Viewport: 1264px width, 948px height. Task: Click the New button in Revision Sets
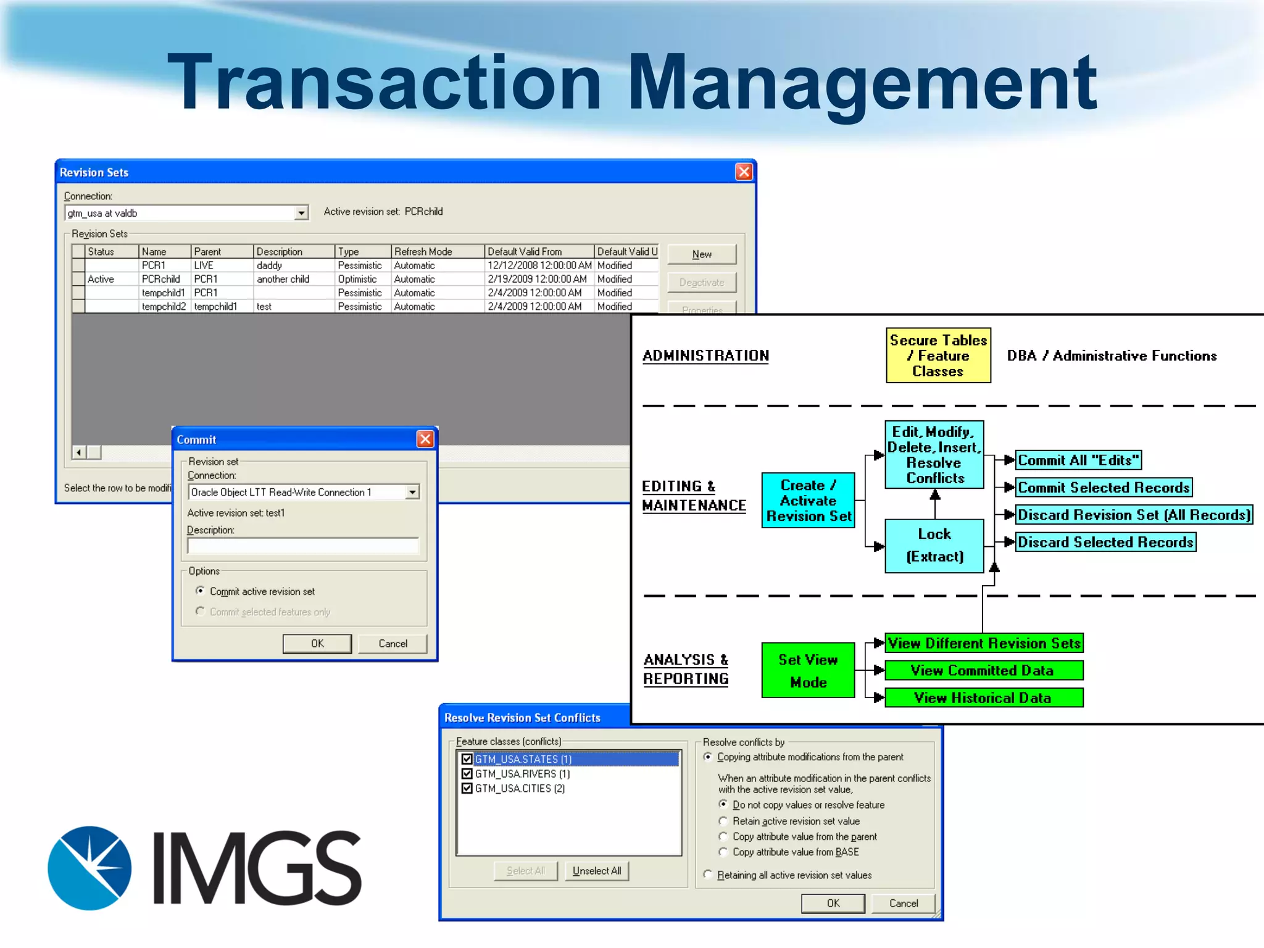coord(702,254)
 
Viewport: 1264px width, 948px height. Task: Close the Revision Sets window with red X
coord(744,172)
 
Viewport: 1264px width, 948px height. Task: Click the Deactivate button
coord(702,283)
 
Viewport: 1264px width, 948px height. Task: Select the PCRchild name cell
coord(162,279)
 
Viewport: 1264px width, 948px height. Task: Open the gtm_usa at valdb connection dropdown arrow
coord(301,213)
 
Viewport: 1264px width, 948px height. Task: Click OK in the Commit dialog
coord(317,644)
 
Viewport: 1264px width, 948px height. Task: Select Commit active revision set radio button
coord(200,591)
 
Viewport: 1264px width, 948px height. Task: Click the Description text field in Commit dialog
coord(302,546)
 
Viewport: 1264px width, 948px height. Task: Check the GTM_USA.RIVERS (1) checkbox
coord(467,774)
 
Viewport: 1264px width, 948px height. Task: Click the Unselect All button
coord(596,871)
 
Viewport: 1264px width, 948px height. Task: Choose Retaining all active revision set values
coord(708,875)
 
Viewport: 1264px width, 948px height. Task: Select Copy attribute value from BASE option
coord(723,852)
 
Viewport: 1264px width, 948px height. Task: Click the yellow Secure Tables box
coord(938,355)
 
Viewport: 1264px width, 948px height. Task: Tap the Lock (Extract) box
coord(934,546)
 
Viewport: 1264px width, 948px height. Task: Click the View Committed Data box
coord(983,670)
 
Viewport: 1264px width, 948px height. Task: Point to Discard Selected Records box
coord(1105,542)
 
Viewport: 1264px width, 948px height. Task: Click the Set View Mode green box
coord(808,670)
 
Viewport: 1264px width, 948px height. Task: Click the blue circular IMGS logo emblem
coord(90,868)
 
